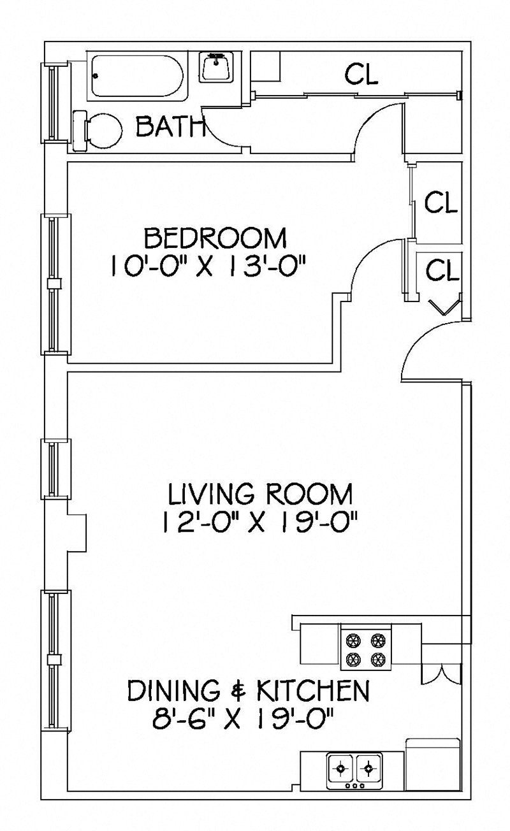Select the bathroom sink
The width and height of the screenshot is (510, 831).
pyautogui.click(x=218, y=66)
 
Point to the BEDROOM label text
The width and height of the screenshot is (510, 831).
pyautogui.click(x=215, y=239)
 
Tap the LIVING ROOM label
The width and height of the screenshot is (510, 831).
pyautogui.click(x=259, y=494)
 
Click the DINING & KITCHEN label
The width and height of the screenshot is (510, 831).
pyautogui.click(x=249, y=690)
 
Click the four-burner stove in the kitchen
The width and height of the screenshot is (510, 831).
pyautogui.click(x=365, y=647)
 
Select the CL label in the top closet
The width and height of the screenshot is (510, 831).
pyautogui.click(x=361, y=75)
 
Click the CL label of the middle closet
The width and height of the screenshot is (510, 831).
pyautogui.click(x=441, y=203)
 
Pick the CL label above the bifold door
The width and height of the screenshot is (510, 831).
pyautogui.click(x=442, y=270)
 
